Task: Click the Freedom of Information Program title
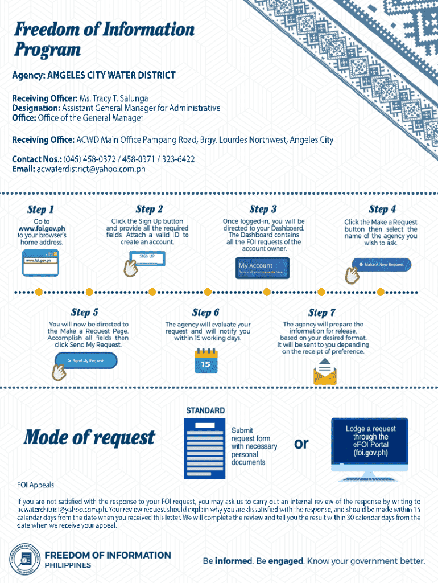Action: point(104,39)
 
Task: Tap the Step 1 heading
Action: point(41,209)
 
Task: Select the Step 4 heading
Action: point(382,209)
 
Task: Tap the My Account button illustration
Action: point(263,268)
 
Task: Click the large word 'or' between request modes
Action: point(301,443)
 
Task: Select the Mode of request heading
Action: point(89,437)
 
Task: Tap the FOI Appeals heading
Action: point(35,485)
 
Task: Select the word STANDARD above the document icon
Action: point(205,410)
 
